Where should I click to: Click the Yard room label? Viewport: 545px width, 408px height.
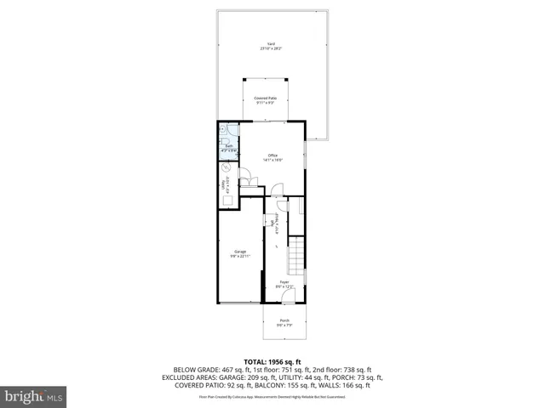272,43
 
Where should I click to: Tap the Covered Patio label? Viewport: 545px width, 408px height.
266,99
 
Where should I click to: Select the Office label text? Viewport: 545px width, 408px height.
272,155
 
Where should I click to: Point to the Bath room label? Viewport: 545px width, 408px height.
228,146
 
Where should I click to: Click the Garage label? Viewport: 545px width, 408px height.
241,251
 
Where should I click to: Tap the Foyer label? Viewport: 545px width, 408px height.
284,281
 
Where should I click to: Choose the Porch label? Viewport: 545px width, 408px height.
284,320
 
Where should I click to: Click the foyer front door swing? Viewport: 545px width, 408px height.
288,297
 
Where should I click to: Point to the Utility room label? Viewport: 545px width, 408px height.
223,184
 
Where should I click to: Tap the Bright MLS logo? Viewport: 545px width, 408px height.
34,396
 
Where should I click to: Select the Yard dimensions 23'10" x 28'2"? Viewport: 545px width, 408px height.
272,49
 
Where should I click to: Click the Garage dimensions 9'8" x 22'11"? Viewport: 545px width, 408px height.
241,256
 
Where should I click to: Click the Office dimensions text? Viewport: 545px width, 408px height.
272,160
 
